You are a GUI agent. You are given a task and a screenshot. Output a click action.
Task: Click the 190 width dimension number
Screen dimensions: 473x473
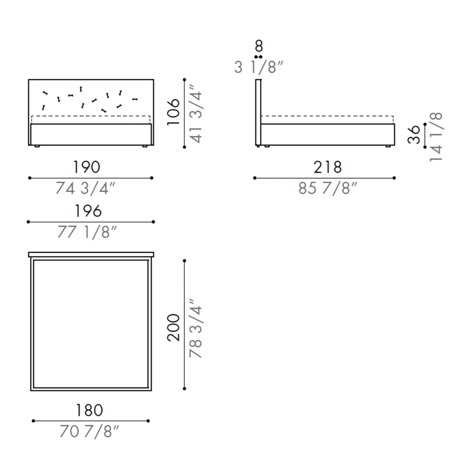click(x=87, y=167)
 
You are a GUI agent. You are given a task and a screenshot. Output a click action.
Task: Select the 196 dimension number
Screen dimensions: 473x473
click(x=88, y=211)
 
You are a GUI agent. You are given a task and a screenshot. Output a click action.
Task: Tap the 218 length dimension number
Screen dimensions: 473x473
click(x=328, y=167)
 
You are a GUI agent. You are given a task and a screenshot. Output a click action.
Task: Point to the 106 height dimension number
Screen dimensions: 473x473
click(x=174, y=112)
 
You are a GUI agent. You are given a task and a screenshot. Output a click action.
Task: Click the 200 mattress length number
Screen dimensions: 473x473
click(x=174, y=328)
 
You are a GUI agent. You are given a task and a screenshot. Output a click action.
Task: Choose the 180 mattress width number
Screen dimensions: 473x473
click(x=89, y=410)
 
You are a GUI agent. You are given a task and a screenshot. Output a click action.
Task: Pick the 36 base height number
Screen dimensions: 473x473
click(x=413, y=134)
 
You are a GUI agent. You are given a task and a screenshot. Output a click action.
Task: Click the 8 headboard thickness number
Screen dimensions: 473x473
click(x=259, y=46)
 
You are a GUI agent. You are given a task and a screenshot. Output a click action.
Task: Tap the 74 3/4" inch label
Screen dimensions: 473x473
click(x=85, y=188)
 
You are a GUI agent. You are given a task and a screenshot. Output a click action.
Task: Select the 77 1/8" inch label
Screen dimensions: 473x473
click(x=87, y=232)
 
